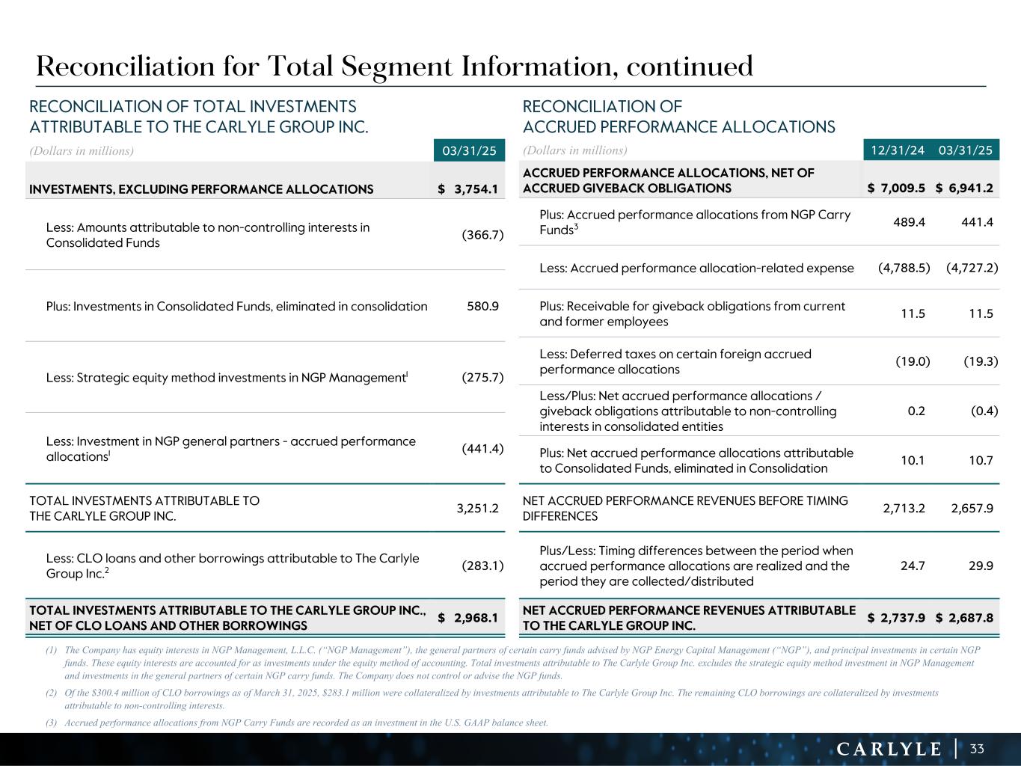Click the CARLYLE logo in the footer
(x=889, y=749)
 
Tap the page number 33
(x=977, y=749)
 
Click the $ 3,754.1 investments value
(x=468, y=189)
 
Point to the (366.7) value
(x=482, y=235)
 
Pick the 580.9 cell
(x=482, y=306)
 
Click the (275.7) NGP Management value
(x=482, y=378)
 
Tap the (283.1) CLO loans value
(x=482, y=566)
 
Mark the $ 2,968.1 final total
(x=468, y=618)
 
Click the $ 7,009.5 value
(x=896, y=189)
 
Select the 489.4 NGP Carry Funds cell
(x=909, y=222)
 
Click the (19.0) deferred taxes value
(x=913, y=361)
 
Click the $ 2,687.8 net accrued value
(x=965, y=618)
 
